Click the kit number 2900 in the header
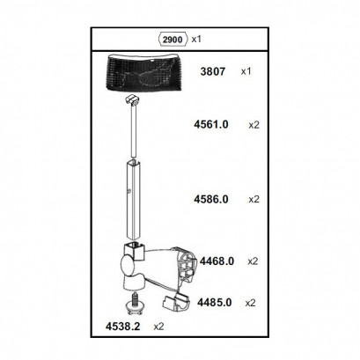(x=173, y=40)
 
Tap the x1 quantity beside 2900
(x=196, y=39)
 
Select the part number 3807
(x=213, y=71)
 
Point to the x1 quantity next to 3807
(x=246, y=71)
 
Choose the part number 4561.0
(x=211, y=124)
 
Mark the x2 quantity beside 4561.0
(x=254, y=125)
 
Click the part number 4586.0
(x=211, y=199)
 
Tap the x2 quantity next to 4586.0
(x=254, y=200)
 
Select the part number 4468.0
(x=217, y=261)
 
